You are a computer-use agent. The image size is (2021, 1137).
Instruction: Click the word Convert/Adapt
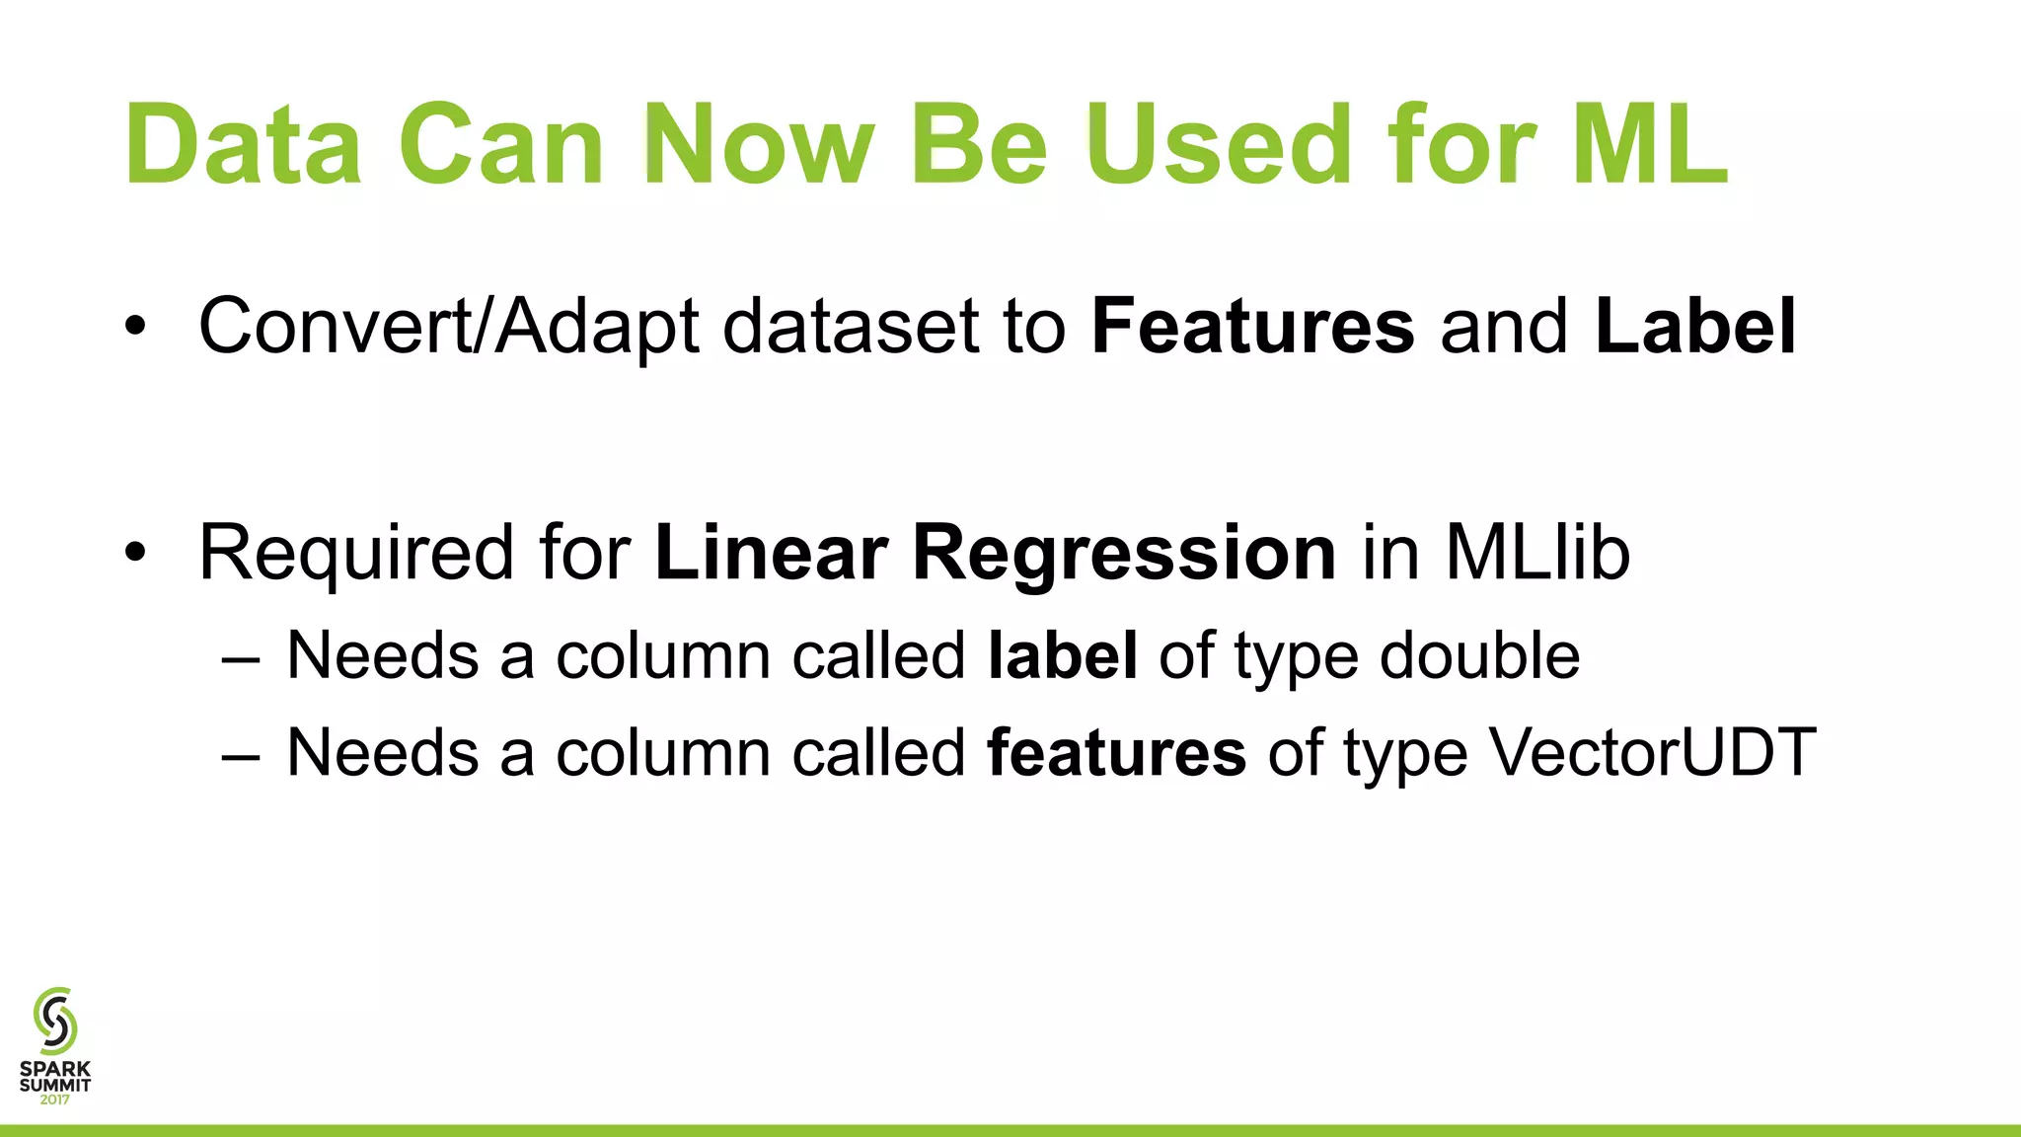(x=449, y=328)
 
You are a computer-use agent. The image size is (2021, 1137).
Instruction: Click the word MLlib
(x=1537, y=553)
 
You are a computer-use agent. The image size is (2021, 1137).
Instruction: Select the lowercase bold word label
(x=1063, y=655)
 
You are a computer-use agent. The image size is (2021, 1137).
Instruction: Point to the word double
(x=1479, y=655)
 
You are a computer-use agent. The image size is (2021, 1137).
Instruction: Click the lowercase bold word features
(x=1117, y=753)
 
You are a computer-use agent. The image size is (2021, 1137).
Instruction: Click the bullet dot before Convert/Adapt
(x=135, y=328)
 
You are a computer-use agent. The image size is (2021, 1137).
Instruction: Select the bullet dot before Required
(x=135, y=554)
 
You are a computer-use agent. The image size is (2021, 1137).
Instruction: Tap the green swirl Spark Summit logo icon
(x=55, y=1021)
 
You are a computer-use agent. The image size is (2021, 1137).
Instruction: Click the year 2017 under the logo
(x=55, y=1099)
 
